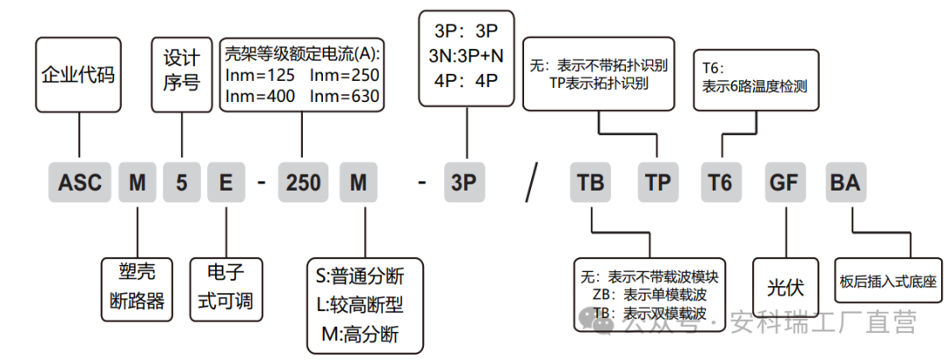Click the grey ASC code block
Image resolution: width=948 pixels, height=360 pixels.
(80, 184)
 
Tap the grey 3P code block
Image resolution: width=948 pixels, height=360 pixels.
(463, 184)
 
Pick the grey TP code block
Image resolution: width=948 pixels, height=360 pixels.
(657, 184)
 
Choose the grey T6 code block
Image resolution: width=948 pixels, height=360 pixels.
(720, 184)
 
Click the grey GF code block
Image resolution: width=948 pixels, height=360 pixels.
(784, 184)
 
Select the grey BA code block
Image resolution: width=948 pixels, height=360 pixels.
(845, 184)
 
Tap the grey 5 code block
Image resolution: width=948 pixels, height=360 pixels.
(182, 184)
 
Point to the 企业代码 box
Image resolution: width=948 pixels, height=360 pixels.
(79, 76)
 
